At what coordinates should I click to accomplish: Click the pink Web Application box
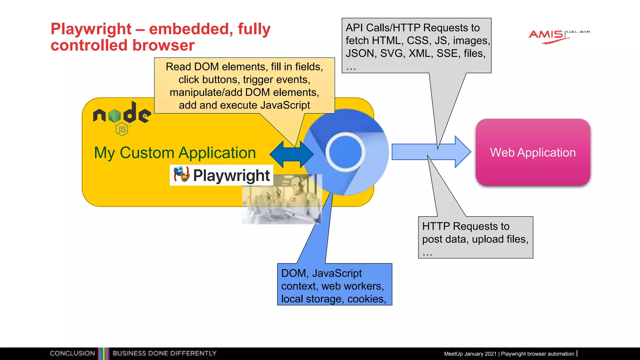tap(532, 152)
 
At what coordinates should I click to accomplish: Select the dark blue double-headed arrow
tap(291, 154)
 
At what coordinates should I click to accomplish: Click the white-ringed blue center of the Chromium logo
tap(345, 152)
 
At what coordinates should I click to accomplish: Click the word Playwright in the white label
tap(231, 175)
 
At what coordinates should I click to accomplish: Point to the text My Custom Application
tap(175, 153)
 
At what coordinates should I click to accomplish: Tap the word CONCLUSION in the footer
tap(72, 353)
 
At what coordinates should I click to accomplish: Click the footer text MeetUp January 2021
tap(470, 354)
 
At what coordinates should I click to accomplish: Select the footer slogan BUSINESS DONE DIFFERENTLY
tap(164, 353)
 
